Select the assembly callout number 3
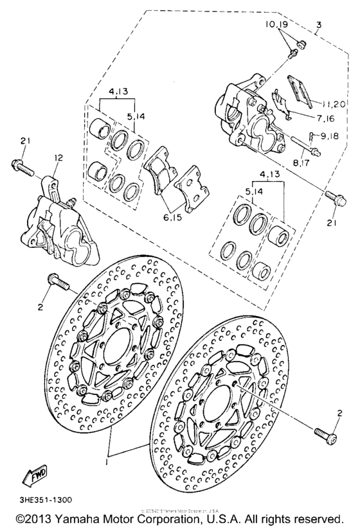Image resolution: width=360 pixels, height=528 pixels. (318, 26)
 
